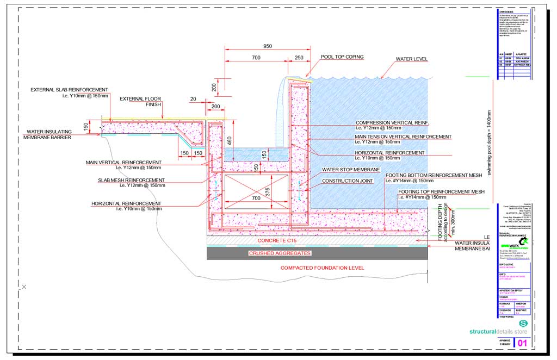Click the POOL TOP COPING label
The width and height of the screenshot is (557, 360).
tap(342, 57)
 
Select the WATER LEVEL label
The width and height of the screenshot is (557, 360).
tap(412, 59)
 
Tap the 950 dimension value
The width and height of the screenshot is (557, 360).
tap(267, 46)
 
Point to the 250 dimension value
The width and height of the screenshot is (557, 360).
tap(299, 57)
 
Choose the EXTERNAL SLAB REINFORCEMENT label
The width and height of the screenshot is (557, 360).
tap(69, 90)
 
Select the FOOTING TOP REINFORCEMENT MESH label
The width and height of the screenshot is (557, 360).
tap(441, 192)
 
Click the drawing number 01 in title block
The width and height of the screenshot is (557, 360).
tap(522, 343)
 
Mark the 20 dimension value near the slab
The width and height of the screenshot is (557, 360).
tap(194, 98)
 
